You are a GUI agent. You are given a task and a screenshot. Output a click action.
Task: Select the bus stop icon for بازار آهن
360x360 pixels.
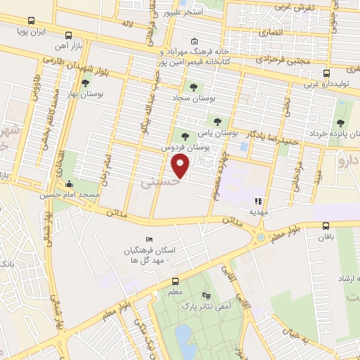click(x=68, y=35)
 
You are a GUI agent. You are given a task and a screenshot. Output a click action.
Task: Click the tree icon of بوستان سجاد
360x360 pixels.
click(x=193, y=87)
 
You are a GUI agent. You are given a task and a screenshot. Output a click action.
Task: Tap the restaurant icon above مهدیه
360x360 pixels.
click(x=257, y=200)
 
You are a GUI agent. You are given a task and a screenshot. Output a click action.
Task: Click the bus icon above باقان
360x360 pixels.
click(x=326, y=226)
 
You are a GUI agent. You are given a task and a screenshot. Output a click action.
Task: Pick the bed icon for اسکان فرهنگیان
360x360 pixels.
click(x=148, y=240)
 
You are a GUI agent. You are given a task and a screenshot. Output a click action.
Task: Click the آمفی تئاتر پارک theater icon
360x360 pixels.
click(x=206, y=295)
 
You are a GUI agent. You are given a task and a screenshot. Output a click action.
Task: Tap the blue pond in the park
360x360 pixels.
click(x=184, y=341)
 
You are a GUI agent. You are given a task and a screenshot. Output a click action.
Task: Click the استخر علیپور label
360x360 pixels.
click(x=185, y=12)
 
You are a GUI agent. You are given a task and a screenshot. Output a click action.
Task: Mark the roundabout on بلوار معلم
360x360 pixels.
click(x=261, y=237)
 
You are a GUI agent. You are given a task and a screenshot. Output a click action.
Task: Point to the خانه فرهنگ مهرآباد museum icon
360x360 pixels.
click(x=194, y=41)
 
